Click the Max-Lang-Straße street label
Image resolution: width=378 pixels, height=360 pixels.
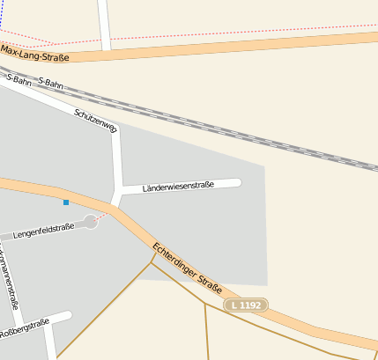pos(34,54)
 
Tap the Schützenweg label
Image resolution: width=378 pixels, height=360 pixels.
pos(96,121)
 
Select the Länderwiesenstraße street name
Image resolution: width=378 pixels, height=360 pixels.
pos(178,188)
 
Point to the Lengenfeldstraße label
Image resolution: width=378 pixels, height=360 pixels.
pos(44,231)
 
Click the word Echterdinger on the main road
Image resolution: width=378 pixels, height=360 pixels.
pos(173,260)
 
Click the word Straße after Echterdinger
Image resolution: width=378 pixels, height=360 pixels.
pos(209,285)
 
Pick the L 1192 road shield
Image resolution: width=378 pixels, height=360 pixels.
pos(246,305)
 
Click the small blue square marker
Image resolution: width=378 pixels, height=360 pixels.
pos(65,202)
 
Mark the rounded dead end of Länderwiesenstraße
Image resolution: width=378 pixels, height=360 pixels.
pos(236,183)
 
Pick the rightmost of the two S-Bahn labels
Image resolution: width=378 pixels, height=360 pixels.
pos(51,83)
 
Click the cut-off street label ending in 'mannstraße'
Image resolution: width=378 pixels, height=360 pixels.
pos(10,282)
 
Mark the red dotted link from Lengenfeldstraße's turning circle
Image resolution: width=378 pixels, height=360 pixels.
pos(102,215)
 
